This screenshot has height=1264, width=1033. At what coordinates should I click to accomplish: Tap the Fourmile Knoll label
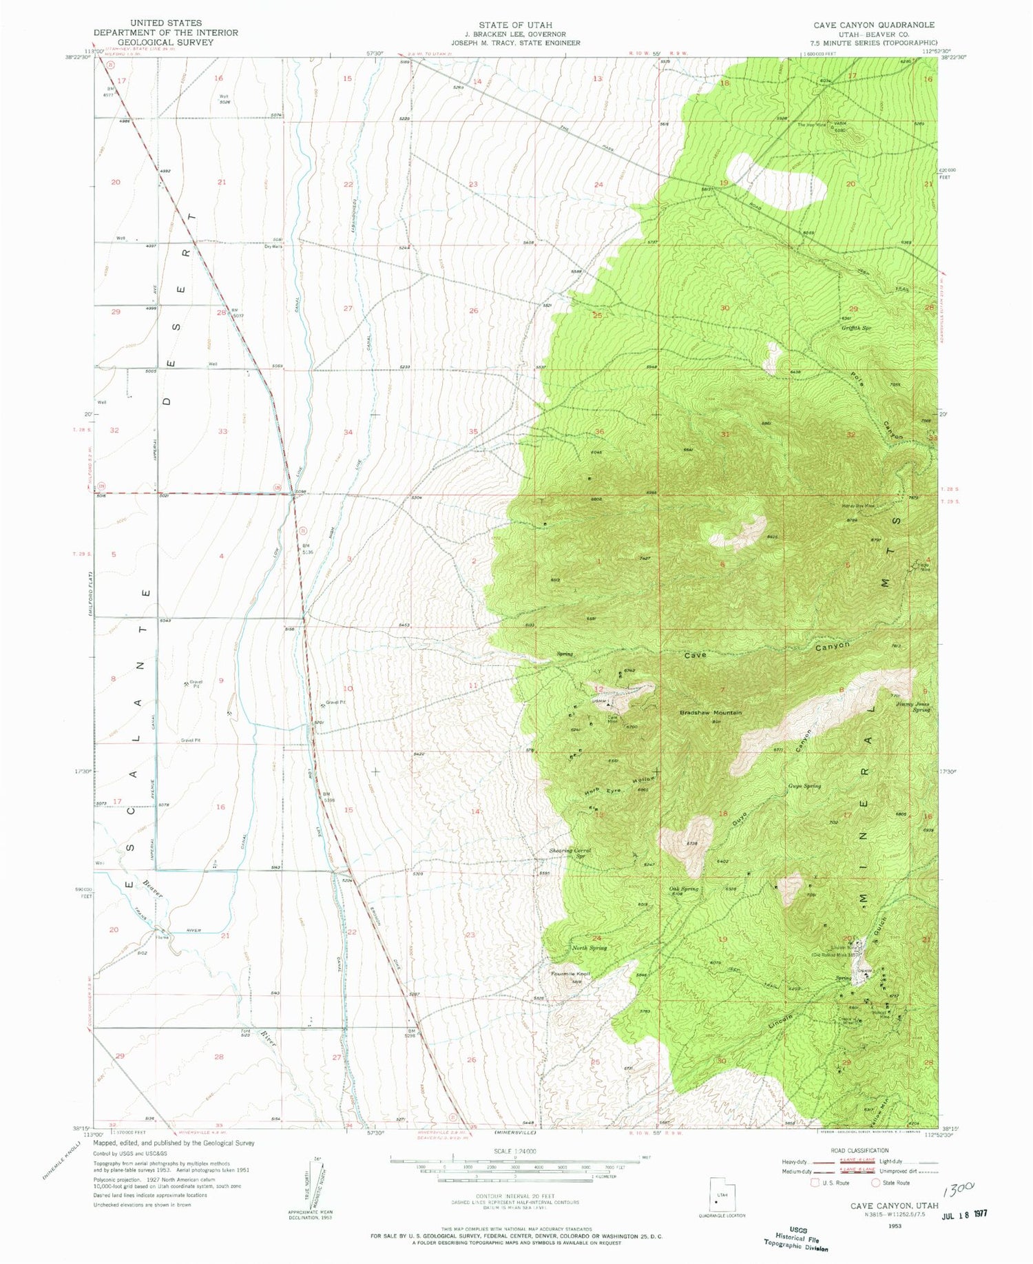coord(571,974)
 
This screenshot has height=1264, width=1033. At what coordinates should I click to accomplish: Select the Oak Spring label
coord(682,889)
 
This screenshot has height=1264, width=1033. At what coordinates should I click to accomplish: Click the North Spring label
coord(589,949)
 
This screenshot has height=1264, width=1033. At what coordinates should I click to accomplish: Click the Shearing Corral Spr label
coord(570,853)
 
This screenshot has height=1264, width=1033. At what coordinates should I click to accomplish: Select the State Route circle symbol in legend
coord(876,1183)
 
